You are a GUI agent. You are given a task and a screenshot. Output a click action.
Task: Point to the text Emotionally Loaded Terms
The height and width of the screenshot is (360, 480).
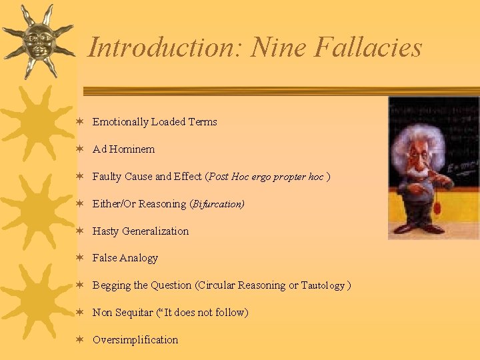pyautogui.click(x=155, y=122)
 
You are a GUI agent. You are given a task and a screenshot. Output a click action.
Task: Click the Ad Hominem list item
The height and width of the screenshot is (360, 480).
pyautogui.click(x=123, y=149)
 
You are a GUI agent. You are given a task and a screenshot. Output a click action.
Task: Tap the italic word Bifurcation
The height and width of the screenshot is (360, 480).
pyautogui.click(x=218, y=204)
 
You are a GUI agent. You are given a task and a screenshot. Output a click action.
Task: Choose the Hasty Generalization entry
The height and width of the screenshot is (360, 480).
pyautogui.click(x=141, y=231)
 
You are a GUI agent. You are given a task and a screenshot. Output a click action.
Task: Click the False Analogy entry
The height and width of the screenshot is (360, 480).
pyautogui.click(x=125, y=258)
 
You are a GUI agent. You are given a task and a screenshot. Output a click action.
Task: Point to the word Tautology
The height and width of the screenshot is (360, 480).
pyautogui.click(x=323, y=285)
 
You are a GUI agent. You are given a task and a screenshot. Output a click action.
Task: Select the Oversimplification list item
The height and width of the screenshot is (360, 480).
pyautogui.click(x=135, y=340)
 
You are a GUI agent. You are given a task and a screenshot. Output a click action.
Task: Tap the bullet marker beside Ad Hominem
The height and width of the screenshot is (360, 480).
pyautogui.click(x=79, y=149)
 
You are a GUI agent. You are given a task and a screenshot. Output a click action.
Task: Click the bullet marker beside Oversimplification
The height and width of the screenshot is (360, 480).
pyautogui.click(x=79, y=340)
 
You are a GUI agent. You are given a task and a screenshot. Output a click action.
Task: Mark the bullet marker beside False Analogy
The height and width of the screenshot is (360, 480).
pyautogui.click(x=79, y=258)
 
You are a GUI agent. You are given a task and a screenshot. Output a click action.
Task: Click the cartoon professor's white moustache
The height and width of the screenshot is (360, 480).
pyautogui.click(x=420, y=171)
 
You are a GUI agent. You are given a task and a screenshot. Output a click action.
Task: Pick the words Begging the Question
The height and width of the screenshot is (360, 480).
pyautogui.click(x=142, y=285)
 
